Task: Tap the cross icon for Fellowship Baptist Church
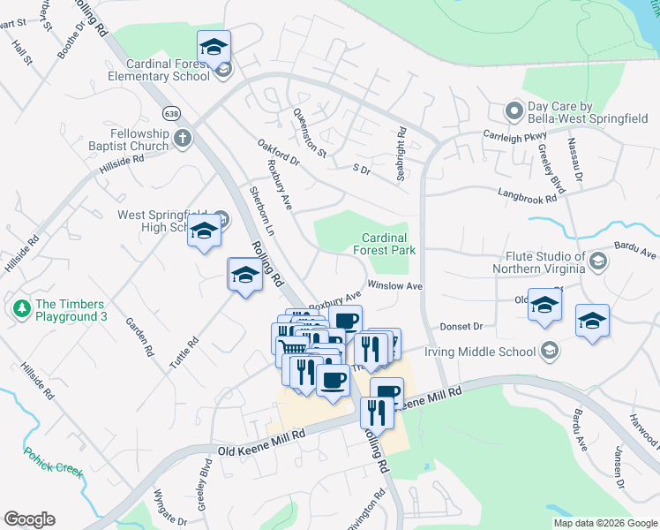[183, 138]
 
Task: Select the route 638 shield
[170, 113]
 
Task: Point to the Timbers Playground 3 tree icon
[21, 308]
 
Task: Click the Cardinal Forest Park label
[385, 244]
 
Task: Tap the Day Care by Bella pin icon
[513, 110]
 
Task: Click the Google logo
[29, 519]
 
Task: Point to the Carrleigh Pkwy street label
[515, 136]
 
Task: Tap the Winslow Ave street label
[395, 286]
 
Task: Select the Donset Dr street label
[462, 326]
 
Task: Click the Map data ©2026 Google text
[605, 523]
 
